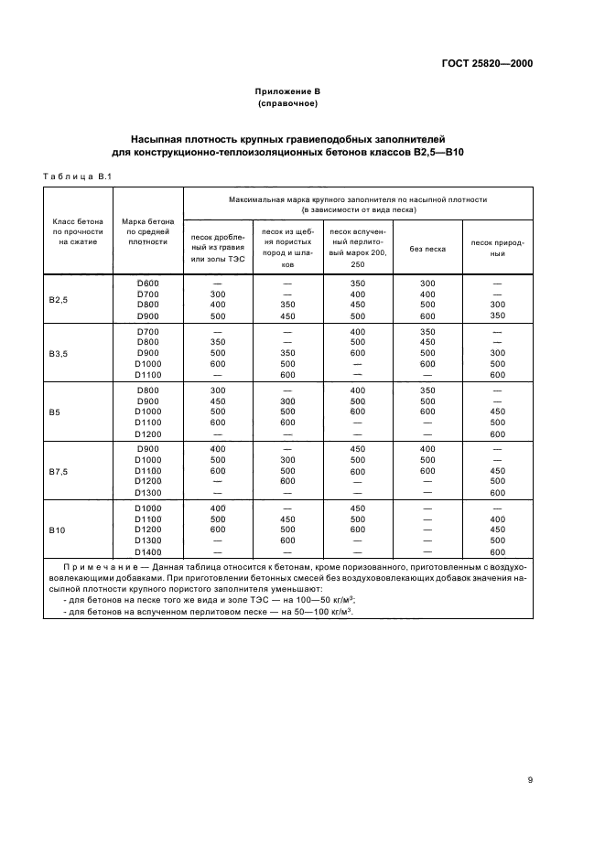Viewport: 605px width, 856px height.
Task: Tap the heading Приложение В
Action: pos(287,91)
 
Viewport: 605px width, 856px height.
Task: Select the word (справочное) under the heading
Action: pos(287,103)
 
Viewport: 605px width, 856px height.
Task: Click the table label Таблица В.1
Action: pos(77,177)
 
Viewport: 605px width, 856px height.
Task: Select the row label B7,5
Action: pos(58,471)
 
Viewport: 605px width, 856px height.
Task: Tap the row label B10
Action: pos(56,529)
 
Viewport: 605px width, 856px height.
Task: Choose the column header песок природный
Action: pos(498,248)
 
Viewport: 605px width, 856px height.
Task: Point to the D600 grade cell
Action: pos(147,283)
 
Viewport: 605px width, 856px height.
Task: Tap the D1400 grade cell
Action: pos(147,551)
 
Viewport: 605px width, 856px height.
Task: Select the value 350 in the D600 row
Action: pos(357,283)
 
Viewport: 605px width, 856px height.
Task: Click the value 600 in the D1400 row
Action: pos(498,551)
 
